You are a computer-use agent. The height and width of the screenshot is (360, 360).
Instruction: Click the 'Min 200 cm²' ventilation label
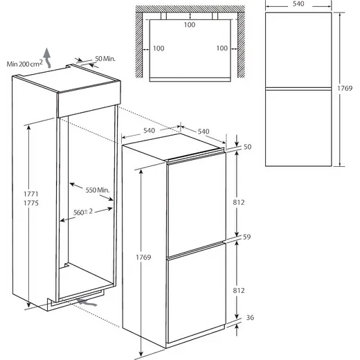point(24,63)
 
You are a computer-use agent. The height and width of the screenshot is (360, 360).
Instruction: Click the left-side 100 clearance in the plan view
point(159,48)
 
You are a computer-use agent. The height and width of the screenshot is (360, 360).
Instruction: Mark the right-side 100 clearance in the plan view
point(222,48)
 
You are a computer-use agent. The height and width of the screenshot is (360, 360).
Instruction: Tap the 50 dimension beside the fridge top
point(248,147)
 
